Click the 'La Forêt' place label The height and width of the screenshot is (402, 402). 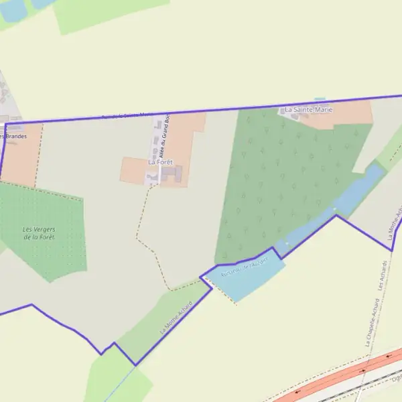(160, 162)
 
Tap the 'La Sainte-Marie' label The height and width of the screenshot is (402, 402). (308, 109)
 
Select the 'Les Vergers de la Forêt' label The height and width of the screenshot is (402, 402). (39, 233)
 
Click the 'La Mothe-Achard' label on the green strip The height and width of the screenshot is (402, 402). (176, 318)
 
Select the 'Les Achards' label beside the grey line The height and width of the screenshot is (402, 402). (383, 274)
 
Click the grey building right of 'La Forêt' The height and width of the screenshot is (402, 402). (174, 174)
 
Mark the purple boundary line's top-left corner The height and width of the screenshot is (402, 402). (5, 123)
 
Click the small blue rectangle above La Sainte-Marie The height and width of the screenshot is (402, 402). (320, 100)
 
